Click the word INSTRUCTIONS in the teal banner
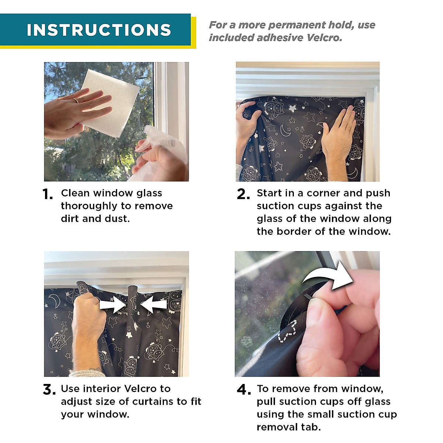[x=99, y=30]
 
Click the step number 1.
[x=48, y=194]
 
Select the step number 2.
[x=243, y=194]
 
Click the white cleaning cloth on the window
[x=110, y=103]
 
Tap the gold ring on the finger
[x=76, y=100]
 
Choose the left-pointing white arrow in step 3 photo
[x=154, y=305]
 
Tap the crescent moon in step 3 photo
[x=54, y=299]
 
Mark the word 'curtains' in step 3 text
[x=153, y=402]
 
